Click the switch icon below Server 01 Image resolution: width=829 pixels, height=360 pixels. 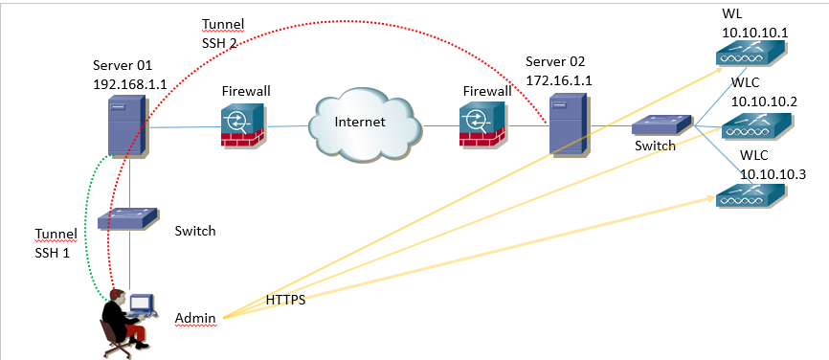(x=127, y=218)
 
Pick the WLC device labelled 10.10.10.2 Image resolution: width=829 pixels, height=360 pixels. (x=757, y=124)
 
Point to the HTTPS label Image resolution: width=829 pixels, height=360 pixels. (x=286, y=301)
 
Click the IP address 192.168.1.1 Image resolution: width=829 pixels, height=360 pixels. (x=130, y=83)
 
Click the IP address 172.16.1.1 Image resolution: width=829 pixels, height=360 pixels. (x=559, y=80)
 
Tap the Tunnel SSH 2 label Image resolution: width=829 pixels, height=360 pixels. (x=222, y=34)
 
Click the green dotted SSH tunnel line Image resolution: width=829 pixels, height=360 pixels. (x=87, y=220)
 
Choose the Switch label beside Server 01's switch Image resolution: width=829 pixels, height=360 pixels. (x=195, y=231)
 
